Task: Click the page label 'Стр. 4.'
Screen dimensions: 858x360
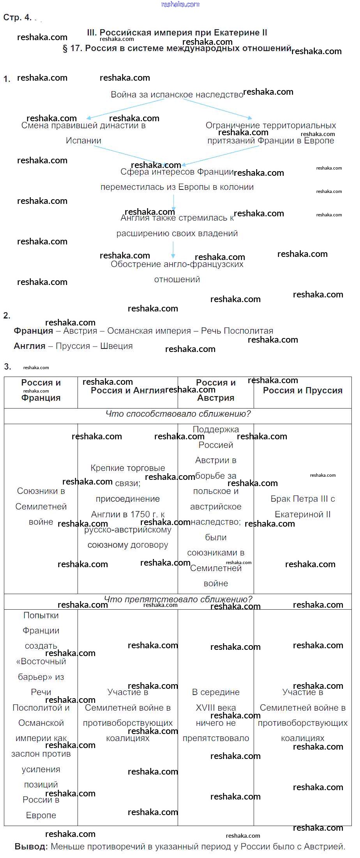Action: tap(17, 18)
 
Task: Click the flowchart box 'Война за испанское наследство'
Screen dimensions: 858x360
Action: tap(177, 95)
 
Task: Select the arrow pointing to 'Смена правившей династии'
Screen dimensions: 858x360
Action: tap(125, 109)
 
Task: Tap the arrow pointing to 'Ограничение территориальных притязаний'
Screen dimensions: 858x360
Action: tap(218, 109)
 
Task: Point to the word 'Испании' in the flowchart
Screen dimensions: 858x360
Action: tap(83, 141)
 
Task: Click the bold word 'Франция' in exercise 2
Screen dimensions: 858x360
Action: tap(33, 331)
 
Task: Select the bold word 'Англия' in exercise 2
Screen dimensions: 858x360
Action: tap(29, 346)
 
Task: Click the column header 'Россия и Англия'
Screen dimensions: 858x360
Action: tap(127, 391)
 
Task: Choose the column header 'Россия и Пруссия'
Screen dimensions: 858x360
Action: tap(302, 391)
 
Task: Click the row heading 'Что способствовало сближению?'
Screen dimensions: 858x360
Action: tap(178, 414)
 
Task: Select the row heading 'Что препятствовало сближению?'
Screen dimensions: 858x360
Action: tap(178, 600)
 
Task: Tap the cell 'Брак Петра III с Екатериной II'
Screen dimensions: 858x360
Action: tap(302, 507)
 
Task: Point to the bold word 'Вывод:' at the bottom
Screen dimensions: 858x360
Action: tap(31, 847)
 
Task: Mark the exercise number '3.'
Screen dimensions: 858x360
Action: tap(7, 366)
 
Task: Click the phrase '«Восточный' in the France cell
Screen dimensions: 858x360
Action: tap(41, 662)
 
